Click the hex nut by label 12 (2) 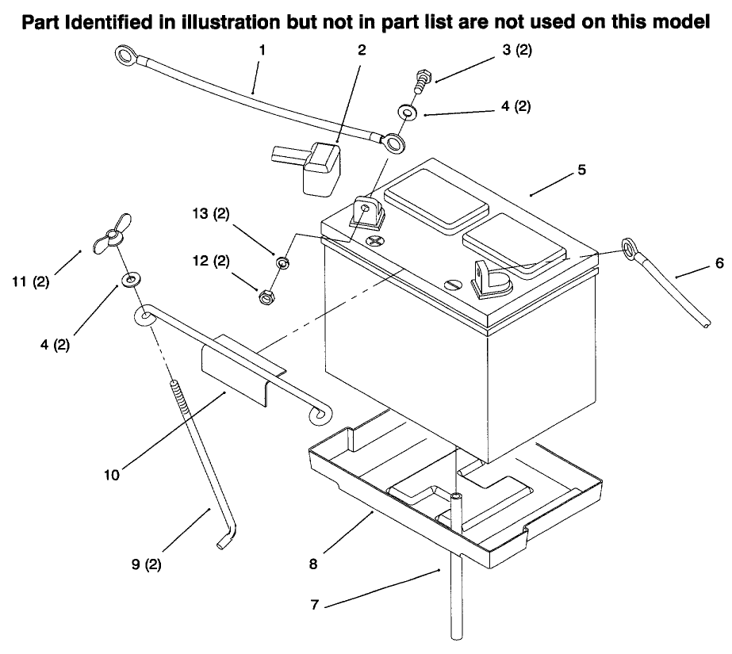(266, 296)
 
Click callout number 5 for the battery (582, 169)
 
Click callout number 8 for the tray (315, 564)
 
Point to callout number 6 (719, 263)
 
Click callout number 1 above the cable (262, 49)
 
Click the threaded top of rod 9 (175, 396)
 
